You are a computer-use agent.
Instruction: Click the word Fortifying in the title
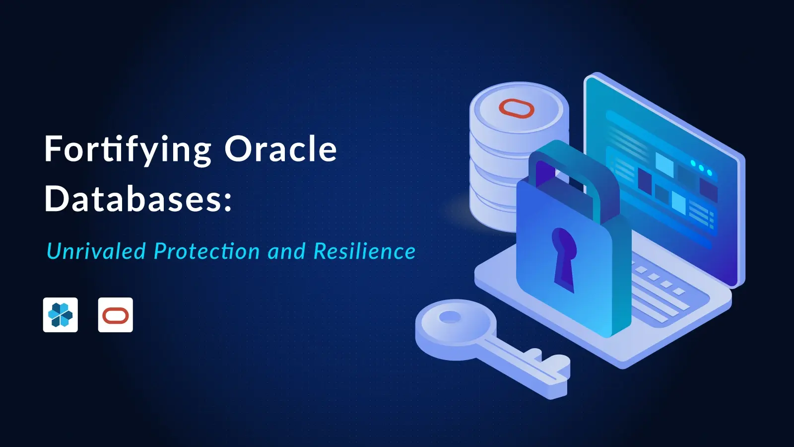pos(128,149)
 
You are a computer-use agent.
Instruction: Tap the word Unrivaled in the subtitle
pos(96,251)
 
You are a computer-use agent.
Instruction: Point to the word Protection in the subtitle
pos(206,251)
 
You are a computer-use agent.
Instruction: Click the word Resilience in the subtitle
pos(364,251)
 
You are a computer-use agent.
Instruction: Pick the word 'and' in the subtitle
pos(286,251)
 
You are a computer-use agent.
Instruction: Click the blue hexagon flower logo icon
pos(61,315)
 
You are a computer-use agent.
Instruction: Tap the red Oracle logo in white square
pos(116,315)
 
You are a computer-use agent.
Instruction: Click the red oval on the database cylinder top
pos(516,108)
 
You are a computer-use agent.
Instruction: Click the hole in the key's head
pos(450,317)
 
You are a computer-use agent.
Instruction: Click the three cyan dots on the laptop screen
pos(701,168)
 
